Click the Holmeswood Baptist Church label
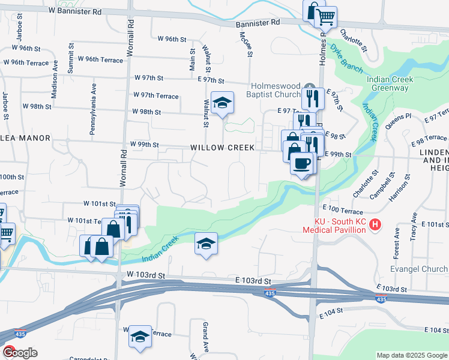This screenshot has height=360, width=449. pos(274,90)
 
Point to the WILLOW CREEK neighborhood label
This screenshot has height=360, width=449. pos(223,148)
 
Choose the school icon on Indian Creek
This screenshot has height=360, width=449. pos(206,244)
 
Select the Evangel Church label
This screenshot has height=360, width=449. pos(418,269)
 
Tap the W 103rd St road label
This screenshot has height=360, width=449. pos(145,274)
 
